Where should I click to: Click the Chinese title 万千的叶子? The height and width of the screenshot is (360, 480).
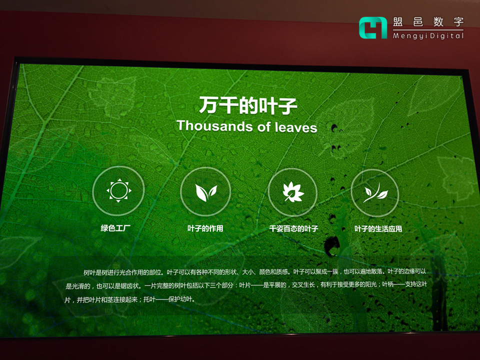(x=248, y=105)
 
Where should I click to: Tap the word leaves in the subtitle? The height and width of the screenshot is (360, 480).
(x=296, y=127)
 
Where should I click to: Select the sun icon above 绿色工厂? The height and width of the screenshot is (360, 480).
(x=118, y=190)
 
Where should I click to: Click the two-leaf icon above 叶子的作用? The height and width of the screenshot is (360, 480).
(x=205, y=191)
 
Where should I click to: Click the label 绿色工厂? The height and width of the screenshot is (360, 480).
(x=115, y=228)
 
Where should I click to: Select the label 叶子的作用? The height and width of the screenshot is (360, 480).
(x=205, y=228)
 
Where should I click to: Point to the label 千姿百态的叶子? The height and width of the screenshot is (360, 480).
(x=293, y=229)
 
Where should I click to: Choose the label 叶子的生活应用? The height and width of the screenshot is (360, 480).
(x=378, y=229)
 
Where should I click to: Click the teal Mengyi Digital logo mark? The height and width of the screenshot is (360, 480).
(x=373, y=27)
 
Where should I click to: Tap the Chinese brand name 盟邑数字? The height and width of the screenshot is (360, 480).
(x=428, y=22)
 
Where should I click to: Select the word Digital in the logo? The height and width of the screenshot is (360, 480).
(x=447, y=36)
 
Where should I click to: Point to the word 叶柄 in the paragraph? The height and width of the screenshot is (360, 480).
(x=390, y=285)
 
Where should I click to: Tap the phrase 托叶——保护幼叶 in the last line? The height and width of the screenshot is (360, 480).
(x=169, y=300)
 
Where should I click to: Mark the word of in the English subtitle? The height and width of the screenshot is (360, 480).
(x=264, y=126)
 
